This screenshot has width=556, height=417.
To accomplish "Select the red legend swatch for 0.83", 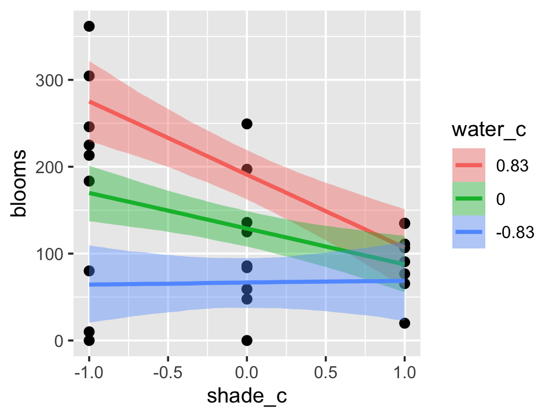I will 469,164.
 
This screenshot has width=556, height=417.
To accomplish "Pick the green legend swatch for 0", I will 469,198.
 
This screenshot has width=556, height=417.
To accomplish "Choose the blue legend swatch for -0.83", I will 469,232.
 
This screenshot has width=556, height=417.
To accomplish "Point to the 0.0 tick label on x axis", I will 247,370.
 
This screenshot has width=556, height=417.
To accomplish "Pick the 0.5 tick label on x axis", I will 325,370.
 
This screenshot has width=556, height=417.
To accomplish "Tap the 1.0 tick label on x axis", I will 404,370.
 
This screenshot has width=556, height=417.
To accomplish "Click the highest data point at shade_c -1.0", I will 89,26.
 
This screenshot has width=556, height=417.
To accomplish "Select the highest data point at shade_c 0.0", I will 247,124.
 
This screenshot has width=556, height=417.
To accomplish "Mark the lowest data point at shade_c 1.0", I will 404,323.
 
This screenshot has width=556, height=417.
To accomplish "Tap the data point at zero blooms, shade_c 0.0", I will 247,341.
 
